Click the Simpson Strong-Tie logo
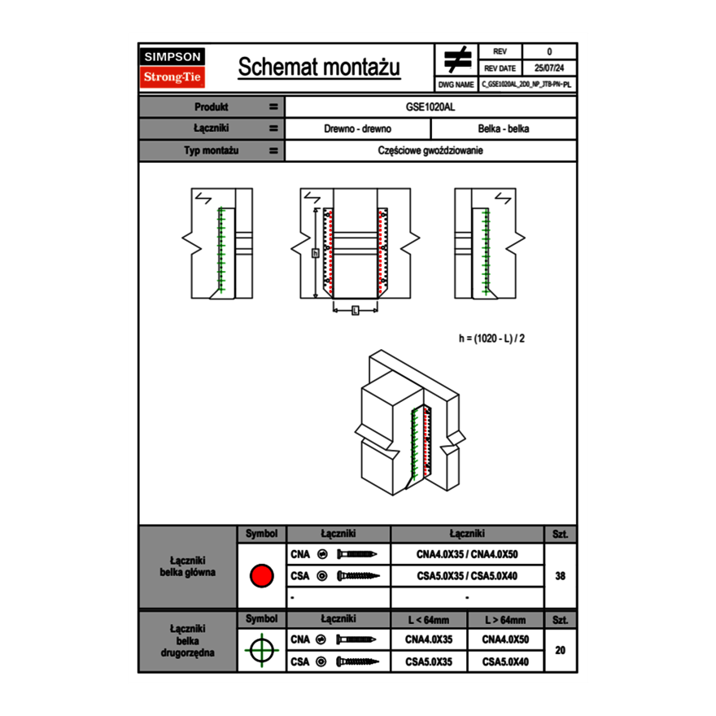[172, 68]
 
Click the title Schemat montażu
[319, 68]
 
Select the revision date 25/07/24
[549, 68]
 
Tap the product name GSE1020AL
[430, 107]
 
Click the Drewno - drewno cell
[357, 129]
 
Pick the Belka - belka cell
[503, 129]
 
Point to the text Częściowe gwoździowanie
[430, 151]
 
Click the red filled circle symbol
[261, 576]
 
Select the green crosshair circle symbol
[261, 650]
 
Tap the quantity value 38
[560, 576]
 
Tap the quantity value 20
[560, 650]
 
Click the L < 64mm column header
[428, 620]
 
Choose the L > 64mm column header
[505, 620]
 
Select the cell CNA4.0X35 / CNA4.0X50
[467, 555]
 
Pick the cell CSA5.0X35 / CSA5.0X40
[467, 576]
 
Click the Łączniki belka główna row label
[188, 566]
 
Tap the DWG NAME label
[456, 84]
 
